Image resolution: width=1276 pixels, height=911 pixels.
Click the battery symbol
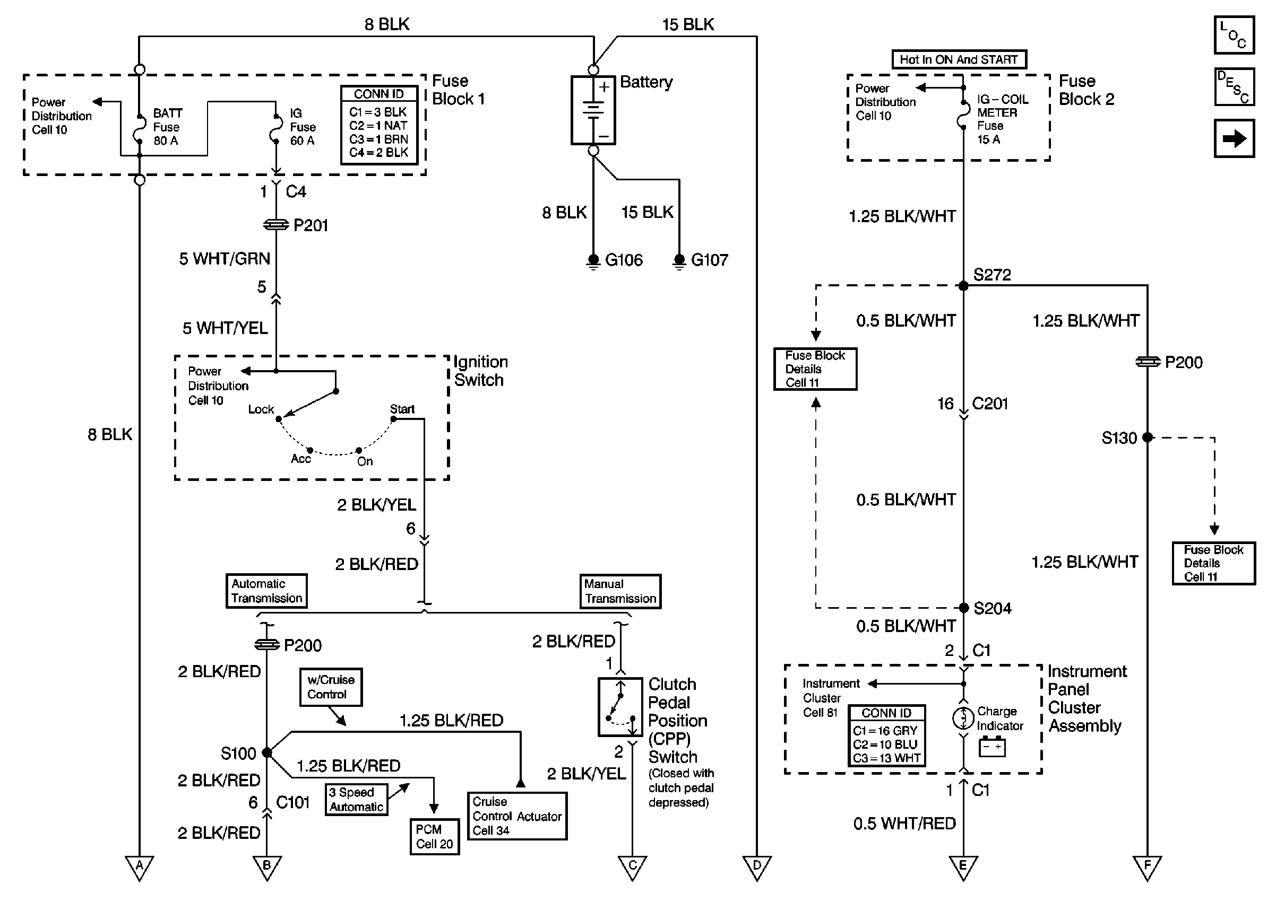point(593,110)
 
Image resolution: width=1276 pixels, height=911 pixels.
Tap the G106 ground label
point(624,260)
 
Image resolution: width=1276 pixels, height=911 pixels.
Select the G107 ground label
point(710,260)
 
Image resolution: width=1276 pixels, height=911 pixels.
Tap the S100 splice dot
point(267,753)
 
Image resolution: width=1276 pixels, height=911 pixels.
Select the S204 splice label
point(993,609)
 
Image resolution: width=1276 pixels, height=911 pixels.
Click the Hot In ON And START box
point(959,59)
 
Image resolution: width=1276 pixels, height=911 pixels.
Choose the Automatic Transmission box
point(266,591)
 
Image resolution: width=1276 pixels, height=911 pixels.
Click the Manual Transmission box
point(620,591)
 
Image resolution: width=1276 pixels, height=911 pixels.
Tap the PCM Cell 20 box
point(435,837)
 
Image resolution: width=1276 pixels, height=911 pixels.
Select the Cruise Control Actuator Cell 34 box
point(517,816)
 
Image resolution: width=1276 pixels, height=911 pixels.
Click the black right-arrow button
point(1234,138)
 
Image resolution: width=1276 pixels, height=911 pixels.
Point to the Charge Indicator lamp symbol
point(963,718)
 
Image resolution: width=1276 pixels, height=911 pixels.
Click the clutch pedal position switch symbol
point(620,707)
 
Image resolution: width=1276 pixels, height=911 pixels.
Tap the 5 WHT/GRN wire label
point(225,259)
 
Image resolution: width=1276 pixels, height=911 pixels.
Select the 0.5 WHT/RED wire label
point(904,824)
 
